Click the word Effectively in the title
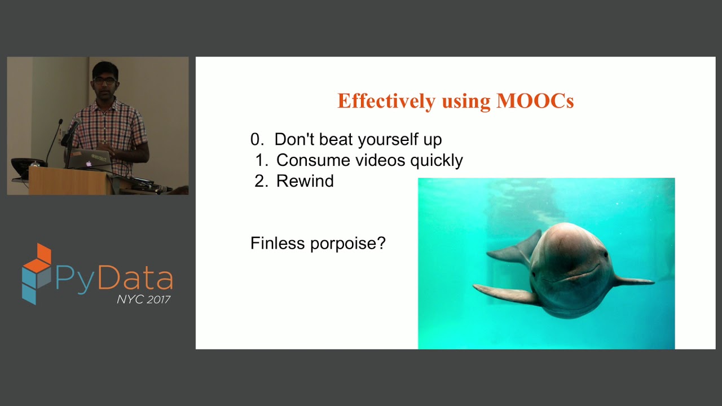coord(386,101)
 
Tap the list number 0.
coord(256,139)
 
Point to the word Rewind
coord(305,181)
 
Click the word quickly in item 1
coord(436,161)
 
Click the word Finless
coord(277,244)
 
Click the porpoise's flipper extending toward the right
coord(635,280)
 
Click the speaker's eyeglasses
coord(105,81)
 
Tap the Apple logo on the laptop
coord(89,164)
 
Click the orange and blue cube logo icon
coord(37,273)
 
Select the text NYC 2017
coord(143,299)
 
